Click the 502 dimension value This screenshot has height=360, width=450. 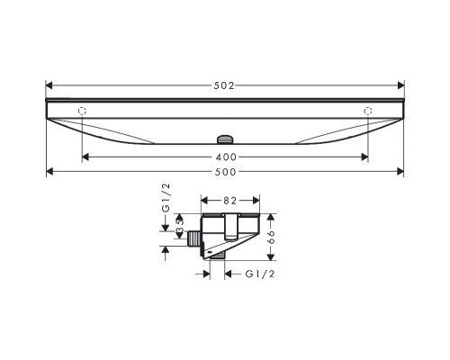[224, 85]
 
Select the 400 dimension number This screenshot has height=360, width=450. [226, 157]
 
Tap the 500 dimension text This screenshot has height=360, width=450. [226, 172]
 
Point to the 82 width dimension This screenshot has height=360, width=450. [229, 201]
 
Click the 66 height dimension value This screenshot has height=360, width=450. [271, 237]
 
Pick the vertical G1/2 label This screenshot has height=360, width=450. [166, 198]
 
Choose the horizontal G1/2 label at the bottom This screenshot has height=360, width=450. [260, 274]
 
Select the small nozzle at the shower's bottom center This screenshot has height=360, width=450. [225, 139]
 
